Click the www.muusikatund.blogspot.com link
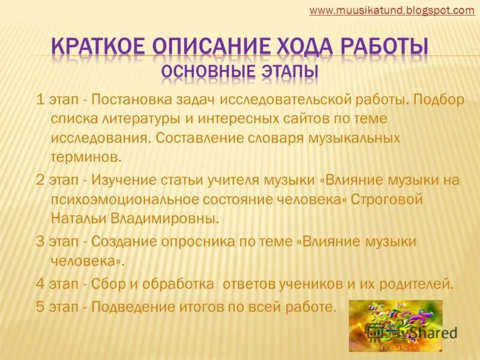point(392,10)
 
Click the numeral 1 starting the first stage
point(40,100)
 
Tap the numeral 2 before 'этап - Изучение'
point(40,181)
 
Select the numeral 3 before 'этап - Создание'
point(40,241)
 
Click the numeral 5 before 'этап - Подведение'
point(40,307)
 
